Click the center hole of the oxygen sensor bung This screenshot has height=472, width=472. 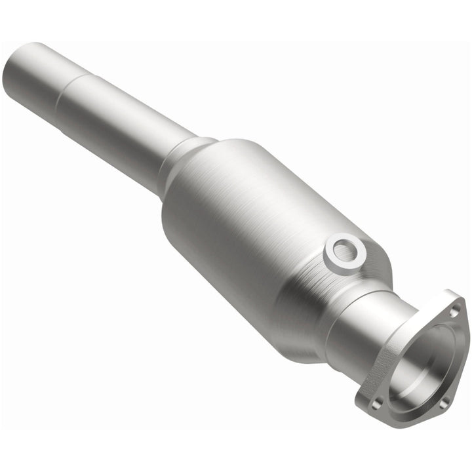point(342,250)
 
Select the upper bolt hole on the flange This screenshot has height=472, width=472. point(452,313)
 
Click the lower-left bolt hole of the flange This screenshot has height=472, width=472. point(376,403)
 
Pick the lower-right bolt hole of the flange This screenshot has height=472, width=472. point(442,404)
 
